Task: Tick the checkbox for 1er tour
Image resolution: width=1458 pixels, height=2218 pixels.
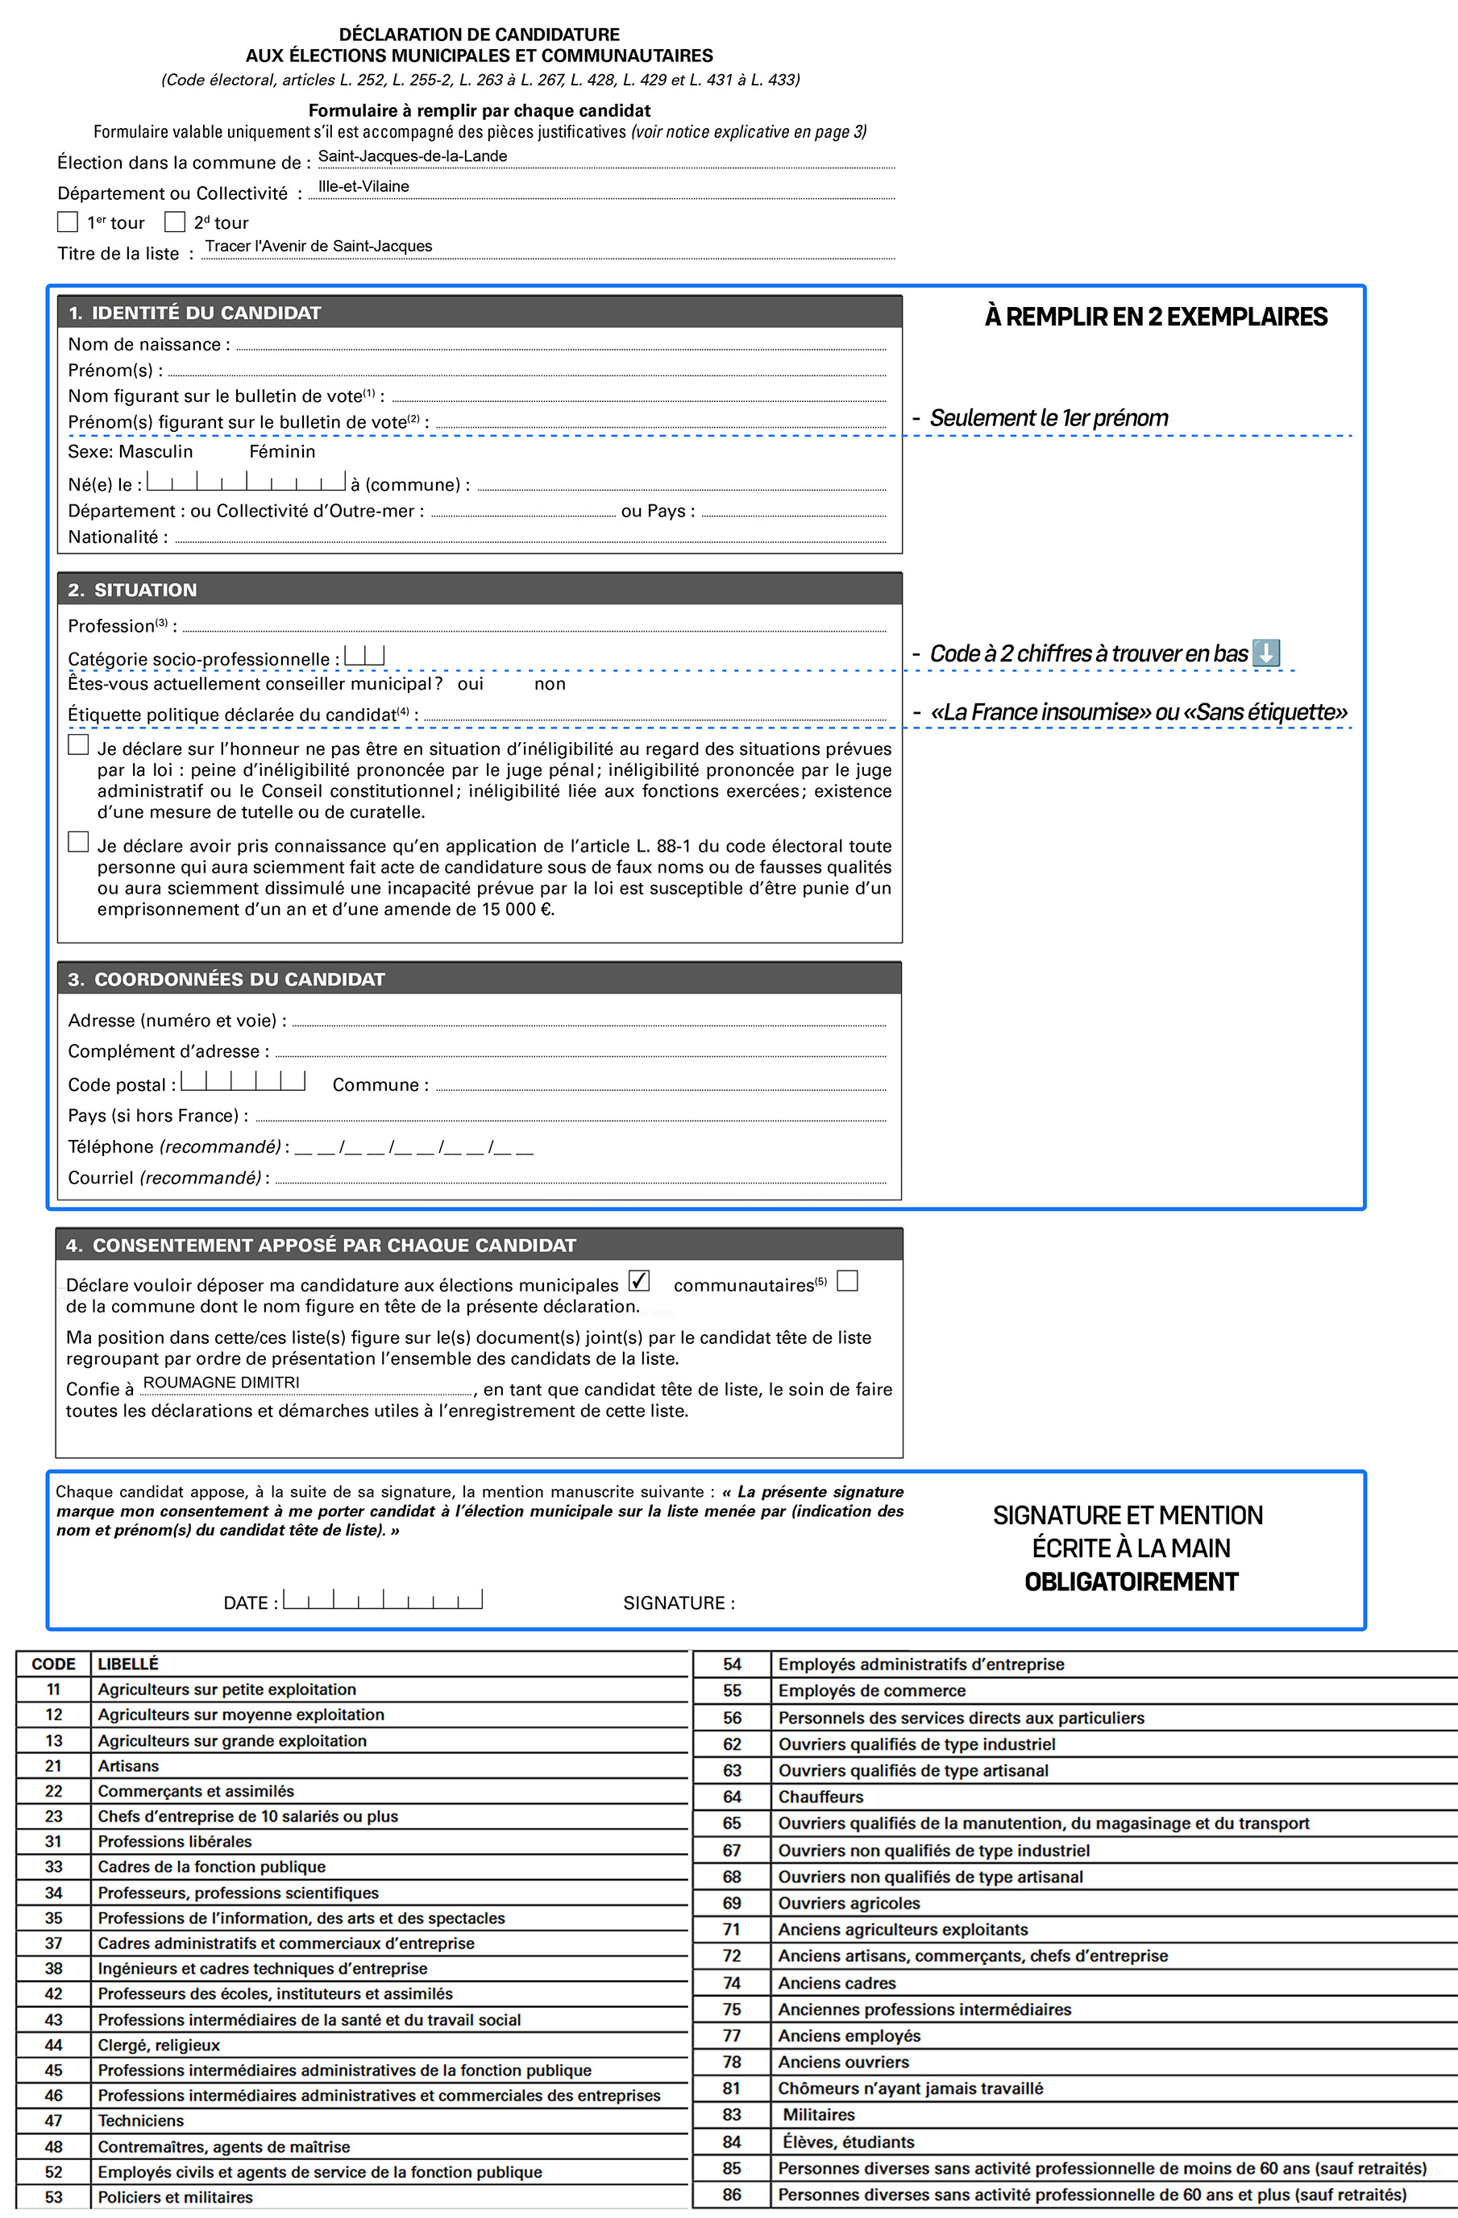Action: [67, 222]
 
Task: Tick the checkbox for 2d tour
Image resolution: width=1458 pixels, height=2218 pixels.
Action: [174, 222]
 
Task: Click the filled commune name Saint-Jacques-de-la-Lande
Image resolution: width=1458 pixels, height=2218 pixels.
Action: [412, 155]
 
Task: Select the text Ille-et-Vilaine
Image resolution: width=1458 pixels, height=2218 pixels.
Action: [363, 186]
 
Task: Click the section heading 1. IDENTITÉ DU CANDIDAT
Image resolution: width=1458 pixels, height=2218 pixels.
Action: [195, 313]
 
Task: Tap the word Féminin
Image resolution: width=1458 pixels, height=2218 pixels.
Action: [281, 451]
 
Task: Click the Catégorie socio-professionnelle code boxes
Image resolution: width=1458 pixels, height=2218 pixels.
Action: [364, 655]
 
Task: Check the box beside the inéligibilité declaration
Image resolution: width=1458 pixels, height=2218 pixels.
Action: [78, 744]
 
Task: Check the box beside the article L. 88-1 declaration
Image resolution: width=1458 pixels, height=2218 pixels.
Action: [78, 842]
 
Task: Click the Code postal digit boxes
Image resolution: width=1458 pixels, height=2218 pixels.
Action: [243, 1080]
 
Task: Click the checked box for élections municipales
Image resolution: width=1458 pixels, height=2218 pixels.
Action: [638, 1280]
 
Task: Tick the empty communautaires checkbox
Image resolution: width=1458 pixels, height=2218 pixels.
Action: [847, 1280]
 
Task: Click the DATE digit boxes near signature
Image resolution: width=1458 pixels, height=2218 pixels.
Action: [383, 1599]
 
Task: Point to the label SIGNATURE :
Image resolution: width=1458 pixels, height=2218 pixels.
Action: [679, 1603]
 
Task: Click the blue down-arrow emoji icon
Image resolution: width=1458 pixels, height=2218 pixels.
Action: [1266, 653]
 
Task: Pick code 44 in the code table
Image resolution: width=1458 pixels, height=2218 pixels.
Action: [53, 2045]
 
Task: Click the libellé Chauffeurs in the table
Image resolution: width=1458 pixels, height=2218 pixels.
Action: [820, 1797]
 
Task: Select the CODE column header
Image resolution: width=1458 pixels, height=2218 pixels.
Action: [53, 1664]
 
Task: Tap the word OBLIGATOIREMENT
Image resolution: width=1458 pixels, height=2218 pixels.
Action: [1131, 1582]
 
